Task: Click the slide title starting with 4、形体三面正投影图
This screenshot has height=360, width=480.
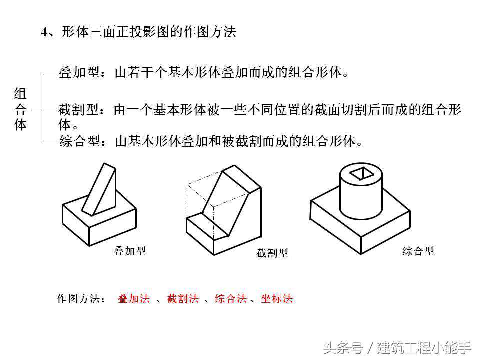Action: tap(138, 32)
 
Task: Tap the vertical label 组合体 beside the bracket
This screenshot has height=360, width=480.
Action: tap(20, 109)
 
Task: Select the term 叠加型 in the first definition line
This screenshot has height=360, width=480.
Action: tap(79, 72)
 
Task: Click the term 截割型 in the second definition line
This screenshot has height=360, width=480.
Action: tap(78, 109)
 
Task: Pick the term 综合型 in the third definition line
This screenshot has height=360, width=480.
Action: tap(79, 141)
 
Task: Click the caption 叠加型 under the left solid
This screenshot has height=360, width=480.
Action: tap(130, 251)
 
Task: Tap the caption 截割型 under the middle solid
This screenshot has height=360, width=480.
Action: tap(272, 253)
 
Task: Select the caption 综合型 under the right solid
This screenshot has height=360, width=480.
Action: tap(418, 251)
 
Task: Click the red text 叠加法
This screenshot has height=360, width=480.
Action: tap(134, 298)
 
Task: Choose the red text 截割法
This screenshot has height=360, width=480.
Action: tap(183, 298)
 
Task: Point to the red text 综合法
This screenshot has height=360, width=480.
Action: tap(231, 298)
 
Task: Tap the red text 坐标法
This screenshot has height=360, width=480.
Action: tap(277, 298)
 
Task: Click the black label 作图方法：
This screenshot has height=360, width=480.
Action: tap(81, 298)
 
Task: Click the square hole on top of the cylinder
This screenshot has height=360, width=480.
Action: tap(362, 174)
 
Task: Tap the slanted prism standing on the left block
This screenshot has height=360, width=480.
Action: tap(99, 190)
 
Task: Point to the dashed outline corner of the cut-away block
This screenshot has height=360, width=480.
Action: tap(187, 185)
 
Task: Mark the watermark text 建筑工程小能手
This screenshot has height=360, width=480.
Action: tap(424, 348)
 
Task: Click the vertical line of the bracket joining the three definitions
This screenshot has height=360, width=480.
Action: tap(43, 108)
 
